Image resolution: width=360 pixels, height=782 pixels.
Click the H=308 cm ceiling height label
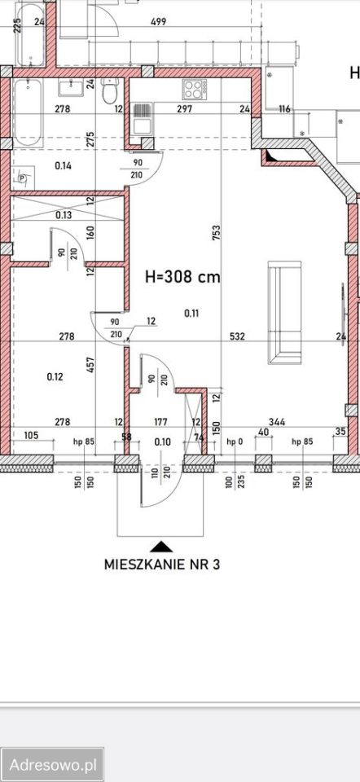(x=182, y=276)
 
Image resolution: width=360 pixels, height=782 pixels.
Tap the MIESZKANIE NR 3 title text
(x=162, y=563)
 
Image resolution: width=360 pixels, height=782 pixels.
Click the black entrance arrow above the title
(x=162, y=546)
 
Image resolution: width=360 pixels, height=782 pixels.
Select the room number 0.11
(x=191, y=313)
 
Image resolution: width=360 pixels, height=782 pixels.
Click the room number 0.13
(x=63, y=215)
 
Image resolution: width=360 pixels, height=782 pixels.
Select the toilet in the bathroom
(x=109, y=93)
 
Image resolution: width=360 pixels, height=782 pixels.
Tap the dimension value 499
(x=158, y=22)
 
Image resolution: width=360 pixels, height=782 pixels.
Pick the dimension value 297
(x=186, y=109)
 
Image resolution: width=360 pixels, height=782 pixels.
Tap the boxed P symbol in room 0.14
(x=24, y=178)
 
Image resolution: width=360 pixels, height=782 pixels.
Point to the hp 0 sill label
(x=235, y=442)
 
